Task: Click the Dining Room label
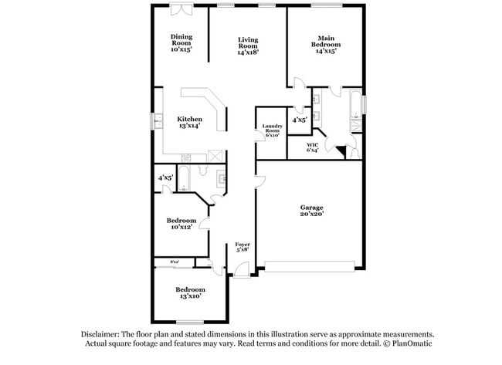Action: point(181,42)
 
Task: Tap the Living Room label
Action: point(248,46)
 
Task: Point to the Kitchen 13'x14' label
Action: point(190,122)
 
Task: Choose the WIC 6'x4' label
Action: point(313,147)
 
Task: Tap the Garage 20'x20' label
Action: point(312,211)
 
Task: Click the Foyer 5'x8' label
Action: point(243,247)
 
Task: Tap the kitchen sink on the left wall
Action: point(158,121)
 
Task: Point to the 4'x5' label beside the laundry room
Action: point(300,120)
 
